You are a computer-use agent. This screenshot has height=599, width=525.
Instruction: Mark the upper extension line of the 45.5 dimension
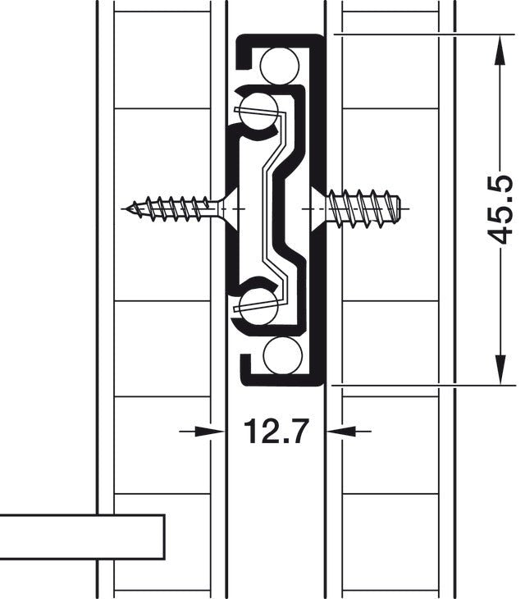pyautogui.click(x=418, y=34)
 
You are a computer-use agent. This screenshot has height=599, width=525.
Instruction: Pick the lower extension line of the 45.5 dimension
pyautogui.click(x=418, y=383)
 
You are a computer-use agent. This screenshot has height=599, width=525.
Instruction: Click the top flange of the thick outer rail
pyautogui.click(x=279, y=38)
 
